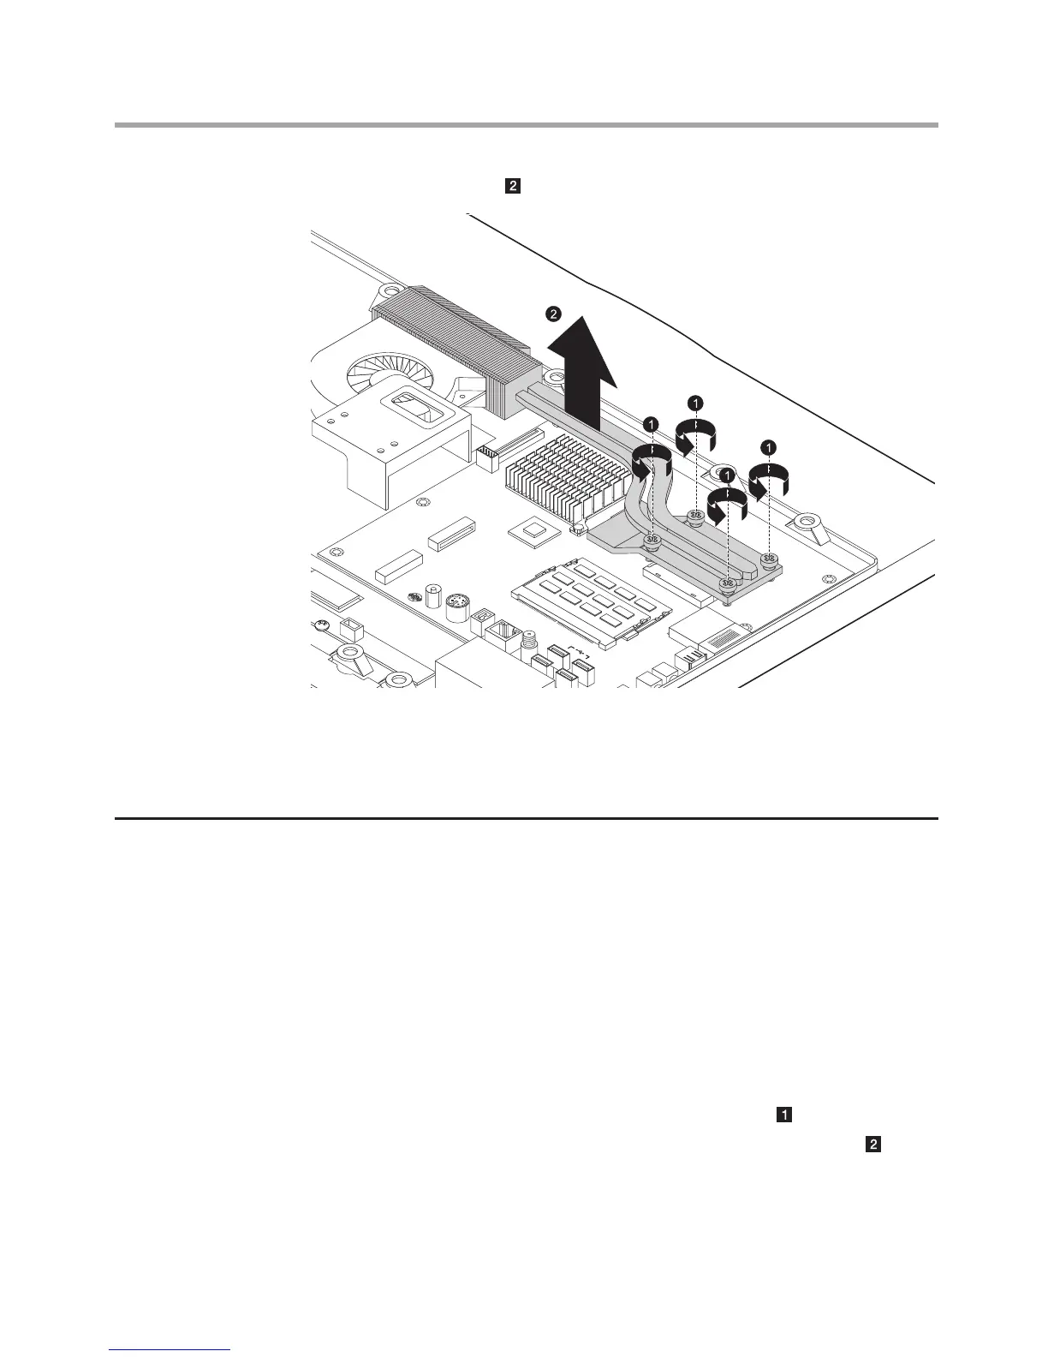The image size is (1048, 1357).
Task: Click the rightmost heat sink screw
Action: (770, 560)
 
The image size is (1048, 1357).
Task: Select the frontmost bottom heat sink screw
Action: (728, 584)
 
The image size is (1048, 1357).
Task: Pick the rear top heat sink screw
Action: (695, 515)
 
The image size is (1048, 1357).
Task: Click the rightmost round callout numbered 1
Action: (768, 445)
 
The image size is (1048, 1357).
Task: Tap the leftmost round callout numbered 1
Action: (651, 423)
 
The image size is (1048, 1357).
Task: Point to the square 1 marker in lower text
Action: (783, 1115)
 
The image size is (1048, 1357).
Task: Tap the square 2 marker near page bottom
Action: (873, 1144)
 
